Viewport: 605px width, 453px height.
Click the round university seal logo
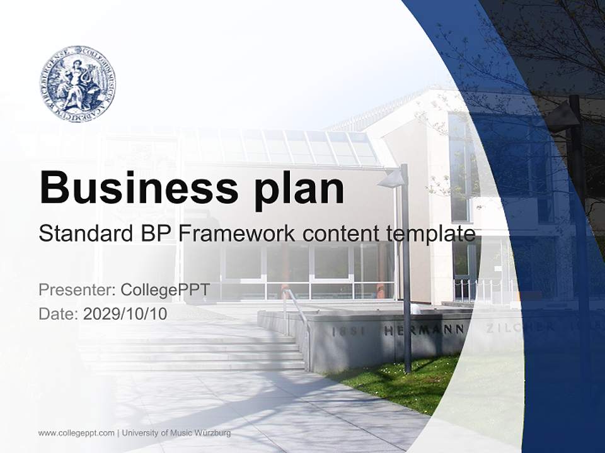click(x=77, y=84)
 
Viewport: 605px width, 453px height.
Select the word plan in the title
click(x=300, y=189)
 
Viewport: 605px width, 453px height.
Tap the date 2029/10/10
click(x=125, y=313)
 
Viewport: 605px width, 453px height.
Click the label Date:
click(x=59, y=313)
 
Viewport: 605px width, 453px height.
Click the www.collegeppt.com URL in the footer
click(x=76, y=433)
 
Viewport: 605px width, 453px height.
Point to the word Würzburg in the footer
click(x=213, y=433)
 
